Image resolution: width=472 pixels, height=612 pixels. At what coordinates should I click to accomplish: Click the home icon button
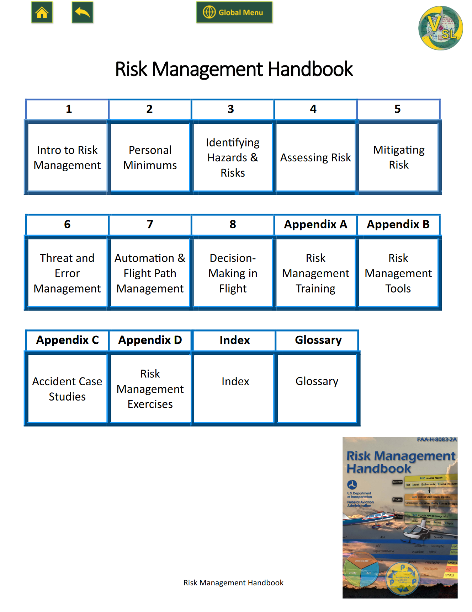42,13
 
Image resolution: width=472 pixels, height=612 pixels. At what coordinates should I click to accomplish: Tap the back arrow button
83,13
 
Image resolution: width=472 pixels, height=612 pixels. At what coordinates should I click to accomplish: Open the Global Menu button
234,12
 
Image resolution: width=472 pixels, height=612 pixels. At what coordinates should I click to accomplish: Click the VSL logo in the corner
440,28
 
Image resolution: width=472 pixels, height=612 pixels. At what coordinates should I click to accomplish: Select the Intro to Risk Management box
67,157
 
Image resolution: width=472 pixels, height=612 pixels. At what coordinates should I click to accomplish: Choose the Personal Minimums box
150,157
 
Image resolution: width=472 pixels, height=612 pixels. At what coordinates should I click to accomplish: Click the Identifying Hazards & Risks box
233,157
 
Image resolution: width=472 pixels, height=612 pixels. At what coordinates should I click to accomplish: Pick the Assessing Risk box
315,157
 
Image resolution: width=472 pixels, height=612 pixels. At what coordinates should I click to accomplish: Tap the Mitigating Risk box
399,157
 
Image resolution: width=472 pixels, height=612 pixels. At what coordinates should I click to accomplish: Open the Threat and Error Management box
67,273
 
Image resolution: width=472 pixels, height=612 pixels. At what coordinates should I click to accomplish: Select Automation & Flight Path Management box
150,273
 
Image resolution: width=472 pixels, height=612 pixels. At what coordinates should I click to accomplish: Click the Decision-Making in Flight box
233,273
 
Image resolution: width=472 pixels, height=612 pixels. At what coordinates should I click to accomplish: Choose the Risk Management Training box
315,273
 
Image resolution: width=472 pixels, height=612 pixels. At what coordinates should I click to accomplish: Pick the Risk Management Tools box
398,273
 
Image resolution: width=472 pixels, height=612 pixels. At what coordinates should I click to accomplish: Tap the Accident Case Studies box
67,389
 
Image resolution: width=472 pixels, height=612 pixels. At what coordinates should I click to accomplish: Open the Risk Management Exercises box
150,389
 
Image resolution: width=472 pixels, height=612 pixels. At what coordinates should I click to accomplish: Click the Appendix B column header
398,225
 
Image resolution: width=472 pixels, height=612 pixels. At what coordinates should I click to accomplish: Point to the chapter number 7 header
150,225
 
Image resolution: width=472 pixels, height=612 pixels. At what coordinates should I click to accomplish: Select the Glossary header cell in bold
318,340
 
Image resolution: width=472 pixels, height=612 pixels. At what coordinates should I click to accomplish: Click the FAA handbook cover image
400,517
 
